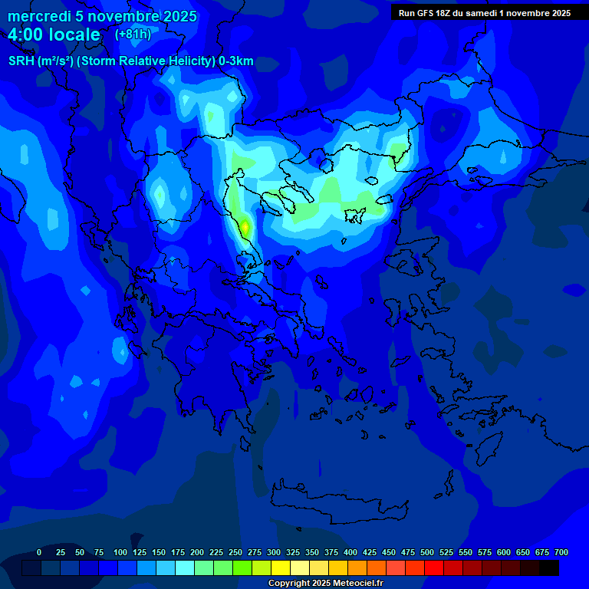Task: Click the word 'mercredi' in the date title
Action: [39, 17]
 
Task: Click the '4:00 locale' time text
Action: [54, 35]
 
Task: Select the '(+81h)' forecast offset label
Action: [133, 35]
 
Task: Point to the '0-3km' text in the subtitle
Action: [235, 61]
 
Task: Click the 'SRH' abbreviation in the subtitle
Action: [21, 61]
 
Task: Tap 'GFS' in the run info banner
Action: [423, 13]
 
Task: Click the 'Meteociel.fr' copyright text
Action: [351, 584]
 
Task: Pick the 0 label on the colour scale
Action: [39, 552]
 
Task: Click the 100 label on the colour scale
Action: [120, 552]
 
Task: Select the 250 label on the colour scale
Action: [235, 552]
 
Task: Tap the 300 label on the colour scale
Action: [274, 552]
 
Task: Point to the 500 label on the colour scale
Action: [427, 552]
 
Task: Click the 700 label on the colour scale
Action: [561, 552]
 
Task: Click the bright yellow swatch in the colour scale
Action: [281, 568]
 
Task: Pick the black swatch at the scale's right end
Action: [549, 568]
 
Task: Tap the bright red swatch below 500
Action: [434, 568]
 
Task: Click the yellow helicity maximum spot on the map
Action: [245, 226]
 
